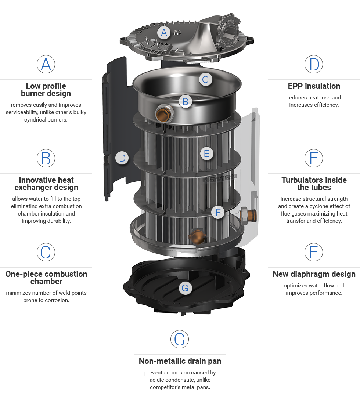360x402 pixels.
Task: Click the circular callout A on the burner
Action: click(164, 33)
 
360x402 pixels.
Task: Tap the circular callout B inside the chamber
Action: click(185, 102)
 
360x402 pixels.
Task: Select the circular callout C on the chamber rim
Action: click(205, 79)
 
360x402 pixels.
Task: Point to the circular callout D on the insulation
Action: click(122, 159)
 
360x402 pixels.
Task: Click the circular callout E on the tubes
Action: click(207, 153)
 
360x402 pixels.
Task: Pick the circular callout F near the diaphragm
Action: click(218, 212)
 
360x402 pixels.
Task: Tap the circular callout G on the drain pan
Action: click(185, 288)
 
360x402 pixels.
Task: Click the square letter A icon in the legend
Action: click(46, 65)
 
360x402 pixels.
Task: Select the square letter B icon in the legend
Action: click(46, 158)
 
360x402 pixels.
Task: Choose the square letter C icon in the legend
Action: click(46, 252)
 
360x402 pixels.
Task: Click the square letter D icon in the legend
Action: click(314, 65)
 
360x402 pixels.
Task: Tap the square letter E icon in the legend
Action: click(314, 158)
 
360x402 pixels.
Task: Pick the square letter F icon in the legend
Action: click(314, 252)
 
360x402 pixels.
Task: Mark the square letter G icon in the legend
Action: click(180, 339)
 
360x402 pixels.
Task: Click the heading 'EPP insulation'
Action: click(314, 86)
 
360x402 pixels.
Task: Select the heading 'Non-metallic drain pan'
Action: click(180, 361)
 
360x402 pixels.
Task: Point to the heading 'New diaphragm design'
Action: click(314, 274)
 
